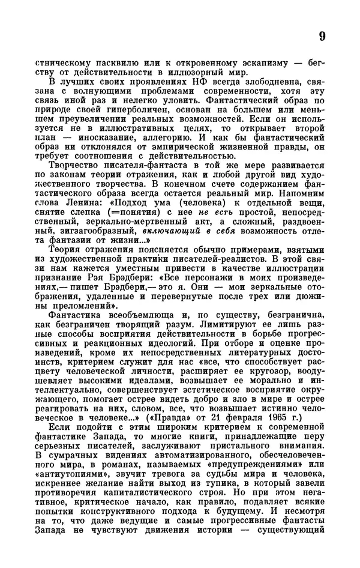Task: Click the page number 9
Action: [322, 36]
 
